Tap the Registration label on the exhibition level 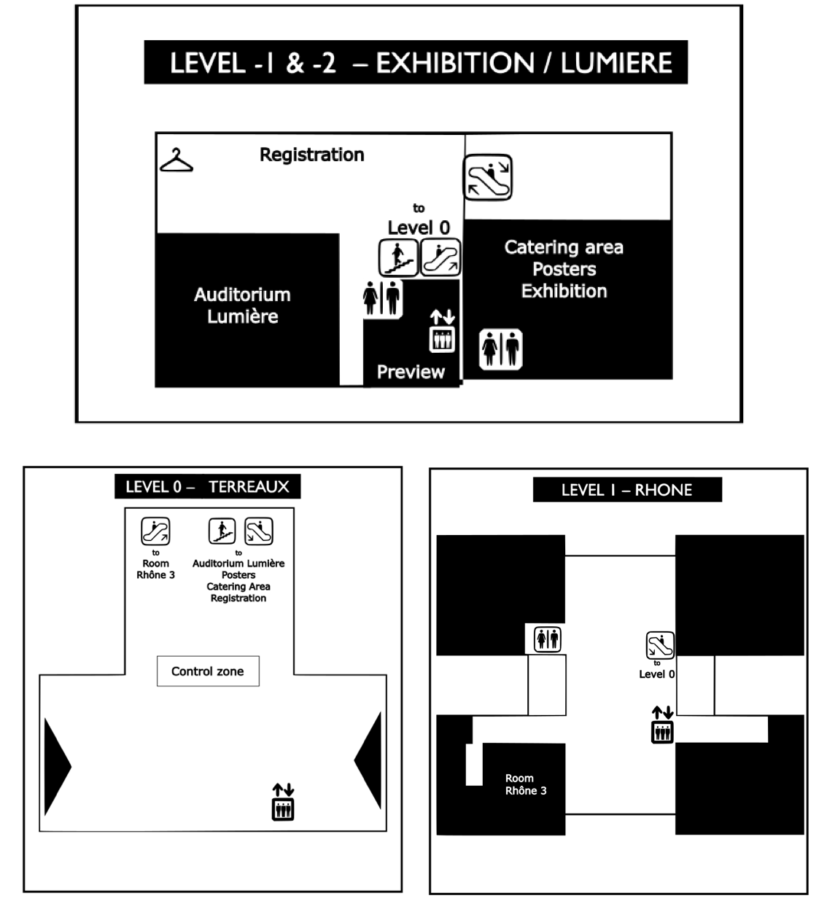click(312, 155)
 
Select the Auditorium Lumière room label click(243, 305)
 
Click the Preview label click(411, 372)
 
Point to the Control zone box click(208, 671)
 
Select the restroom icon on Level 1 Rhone click(548, 639)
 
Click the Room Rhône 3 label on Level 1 click(526, 784)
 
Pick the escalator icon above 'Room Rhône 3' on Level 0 click(155, 531)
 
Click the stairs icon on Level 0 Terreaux click(222, 531)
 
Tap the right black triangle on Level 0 click(368, 760)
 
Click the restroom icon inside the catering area click(501, 349)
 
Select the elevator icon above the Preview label click(443, 330)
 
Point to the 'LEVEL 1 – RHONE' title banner click(627, 490)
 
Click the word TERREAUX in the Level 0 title click(249, 487)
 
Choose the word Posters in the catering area click(564, 270)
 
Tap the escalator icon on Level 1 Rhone click(660, 645)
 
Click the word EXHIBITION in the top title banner click(455, 63)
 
